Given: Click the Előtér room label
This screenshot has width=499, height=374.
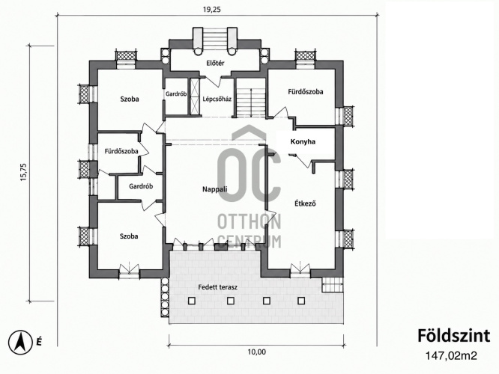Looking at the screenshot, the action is click(x=215, y=63).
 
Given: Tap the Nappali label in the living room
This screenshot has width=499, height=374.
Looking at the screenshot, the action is click(x=215, y=189).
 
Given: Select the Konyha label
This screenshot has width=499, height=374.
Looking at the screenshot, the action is click(x=303, y=141).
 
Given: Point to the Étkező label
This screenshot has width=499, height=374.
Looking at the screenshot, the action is click(x=304, y=203).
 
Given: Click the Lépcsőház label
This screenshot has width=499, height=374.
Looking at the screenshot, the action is click(x=217, y=99).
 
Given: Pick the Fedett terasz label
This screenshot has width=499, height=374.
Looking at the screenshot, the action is click(x=218, y=287).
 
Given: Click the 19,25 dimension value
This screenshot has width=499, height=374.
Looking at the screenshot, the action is click(x=212, y=9).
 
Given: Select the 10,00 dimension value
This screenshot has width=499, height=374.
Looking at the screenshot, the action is click(x=256, y=352).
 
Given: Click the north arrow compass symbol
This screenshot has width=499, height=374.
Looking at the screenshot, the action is click(x=20, y=343).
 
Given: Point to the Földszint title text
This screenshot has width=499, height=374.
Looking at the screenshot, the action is click(x=453, y=336).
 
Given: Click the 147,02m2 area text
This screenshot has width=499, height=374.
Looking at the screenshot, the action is click(x=451, y=356).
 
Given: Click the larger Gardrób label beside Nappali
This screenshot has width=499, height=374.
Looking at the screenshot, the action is click(x=141, y=186).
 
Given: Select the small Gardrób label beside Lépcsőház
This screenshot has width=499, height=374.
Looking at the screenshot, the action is click(x=176, y=94).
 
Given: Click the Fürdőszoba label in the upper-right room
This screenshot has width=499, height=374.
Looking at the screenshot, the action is click(x=306, y=92).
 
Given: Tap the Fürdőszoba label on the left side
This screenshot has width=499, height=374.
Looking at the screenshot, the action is click(x=121, y=151).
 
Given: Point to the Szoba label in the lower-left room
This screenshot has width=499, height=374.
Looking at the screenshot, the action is click(x=129, y=236).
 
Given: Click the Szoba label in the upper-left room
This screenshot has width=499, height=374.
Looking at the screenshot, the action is click(x=130, y=99).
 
